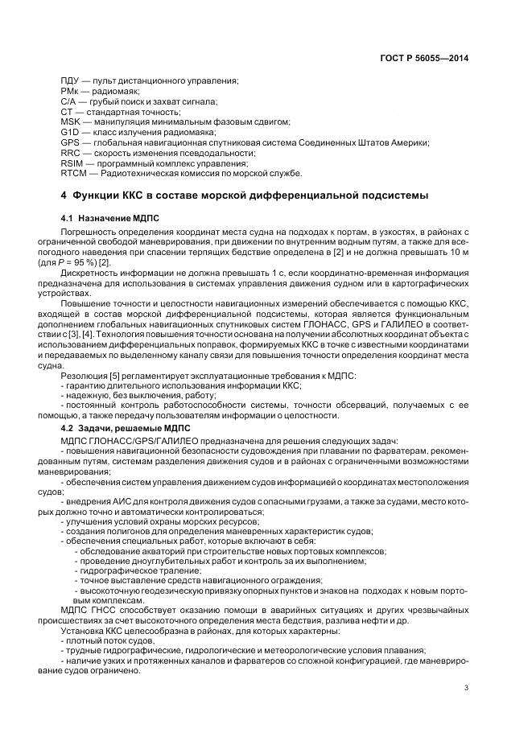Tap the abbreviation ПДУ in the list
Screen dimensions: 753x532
click(70, 81)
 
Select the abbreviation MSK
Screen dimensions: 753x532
click(70, 121)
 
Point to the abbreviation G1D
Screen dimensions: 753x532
click(70, 132)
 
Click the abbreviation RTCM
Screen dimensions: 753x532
click(73, 173)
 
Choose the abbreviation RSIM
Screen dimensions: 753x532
click(72, 163)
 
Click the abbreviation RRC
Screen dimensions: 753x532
click(70, 152)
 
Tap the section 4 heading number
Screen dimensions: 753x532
click(64, 195)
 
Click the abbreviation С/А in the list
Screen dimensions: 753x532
click(69, 101)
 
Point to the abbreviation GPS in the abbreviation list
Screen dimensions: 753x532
click(69, 142)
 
